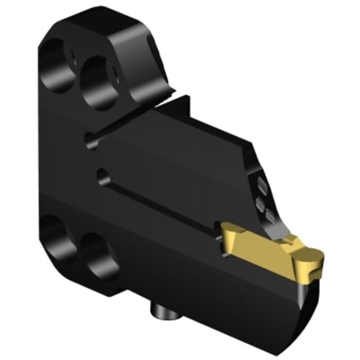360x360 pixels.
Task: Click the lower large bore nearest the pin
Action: [x=96, y=255]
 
